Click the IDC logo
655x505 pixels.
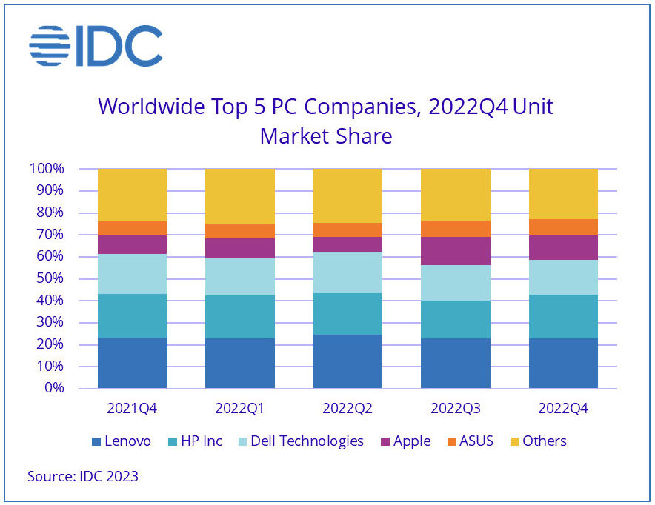96,45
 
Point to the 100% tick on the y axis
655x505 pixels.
47,169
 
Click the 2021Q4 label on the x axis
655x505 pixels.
132,409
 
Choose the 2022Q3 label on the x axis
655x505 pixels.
455,409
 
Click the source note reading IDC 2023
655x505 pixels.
83,476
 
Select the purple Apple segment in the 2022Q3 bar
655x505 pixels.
455,251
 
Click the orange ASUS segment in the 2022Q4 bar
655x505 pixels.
562,227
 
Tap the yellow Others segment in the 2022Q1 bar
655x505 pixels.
239,195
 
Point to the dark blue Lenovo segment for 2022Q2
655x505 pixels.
348,361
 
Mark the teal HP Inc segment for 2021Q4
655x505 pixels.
132,316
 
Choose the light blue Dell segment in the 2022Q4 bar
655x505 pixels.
562,278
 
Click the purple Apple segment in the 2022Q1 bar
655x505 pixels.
239,248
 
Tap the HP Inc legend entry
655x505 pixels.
196,441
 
